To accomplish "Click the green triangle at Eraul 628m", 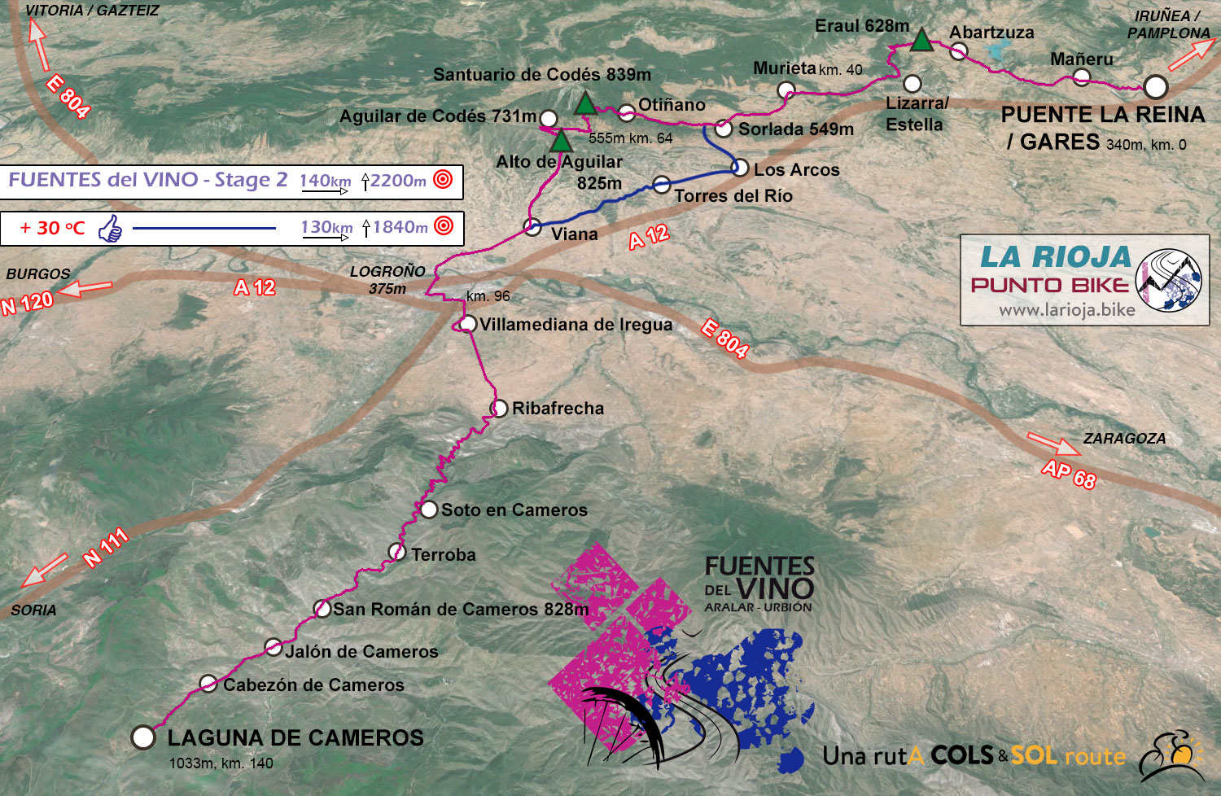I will click(x=921, y=40).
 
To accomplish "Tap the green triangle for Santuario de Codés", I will click(x=585, y=104).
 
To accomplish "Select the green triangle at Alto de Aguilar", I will click(x=561, y=142).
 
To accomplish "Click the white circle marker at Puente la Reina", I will click(x=1155, y=87).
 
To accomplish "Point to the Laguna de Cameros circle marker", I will click(x=143, y=737).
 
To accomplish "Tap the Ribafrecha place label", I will click(x=558, y=409).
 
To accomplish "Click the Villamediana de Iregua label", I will click(x=575, y=325).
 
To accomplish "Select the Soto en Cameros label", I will click(x=514, y=510).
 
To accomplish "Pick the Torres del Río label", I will click(x=733, y=196).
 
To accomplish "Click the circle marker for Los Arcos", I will click(x=740, y=168).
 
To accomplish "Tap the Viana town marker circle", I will click(x=532, y=227).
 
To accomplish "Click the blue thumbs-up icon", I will click(x=110, y=229).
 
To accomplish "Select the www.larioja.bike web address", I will click(x=1066, y=310).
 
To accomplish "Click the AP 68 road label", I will click(x=1069, y=474).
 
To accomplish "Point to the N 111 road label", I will click(x=106, y=548).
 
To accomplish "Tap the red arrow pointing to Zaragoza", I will click(x=1054, y=444).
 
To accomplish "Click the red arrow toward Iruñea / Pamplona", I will click(x=1191, y=56).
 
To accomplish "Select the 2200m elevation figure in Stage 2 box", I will click(x=398, y=181).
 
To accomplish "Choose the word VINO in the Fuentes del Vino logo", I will click(x=774, y=588).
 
